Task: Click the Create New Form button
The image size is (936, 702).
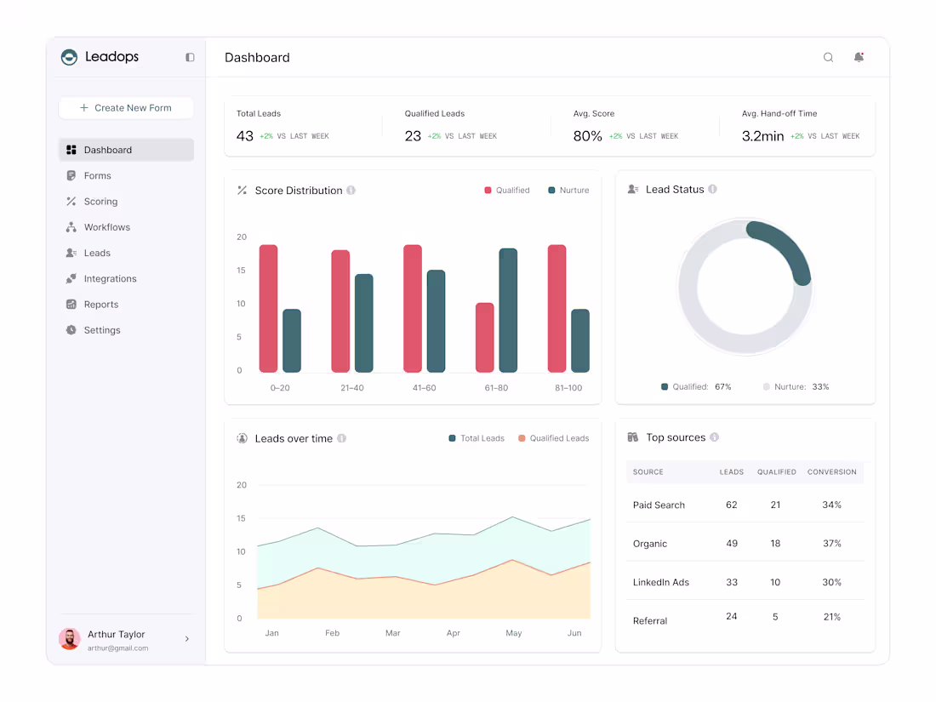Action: click(126, 108)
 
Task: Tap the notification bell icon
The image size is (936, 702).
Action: click(859, 57)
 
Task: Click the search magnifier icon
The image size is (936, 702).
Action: click(828, 57)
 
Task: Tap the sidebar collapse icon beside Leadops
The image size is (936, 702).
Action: click(190, 57)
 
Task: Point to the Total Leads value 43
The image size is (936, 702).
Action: click(245, 136)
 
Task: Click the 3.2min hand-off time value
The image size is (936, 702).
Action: click(762, 136)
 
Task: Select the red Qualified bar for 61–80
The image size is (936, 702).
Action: click(485, 337)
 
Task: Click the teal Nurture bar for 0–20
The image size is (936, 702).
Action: click(292, 341)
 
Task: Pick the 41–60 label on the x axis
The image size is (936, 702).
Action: click(425, 388)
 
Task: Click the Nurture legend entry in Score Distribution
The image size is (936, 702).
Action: click(569, 191)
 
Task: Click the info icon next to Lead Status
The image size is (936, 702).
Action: click(713, 189)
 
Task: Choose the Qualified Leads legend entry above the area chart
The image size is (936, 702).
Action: click(553, 438)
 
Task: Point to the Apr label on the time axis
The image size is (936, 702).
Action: click(453, 633)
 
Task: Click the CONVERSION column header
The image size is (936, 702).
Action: click(831, 471)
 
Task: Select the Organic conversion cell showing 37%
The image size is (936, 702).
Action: click(831, 543)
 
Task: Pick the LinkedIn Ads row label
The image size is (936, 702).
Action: click(661, 582)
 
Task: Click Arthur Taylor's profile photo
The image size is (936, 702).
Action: click(70, 639)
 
